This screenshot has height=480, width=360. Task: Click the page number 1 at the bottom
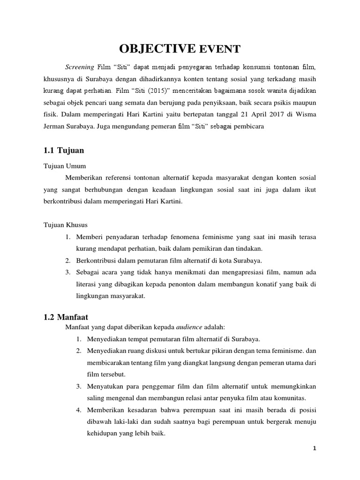(315, 449)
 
